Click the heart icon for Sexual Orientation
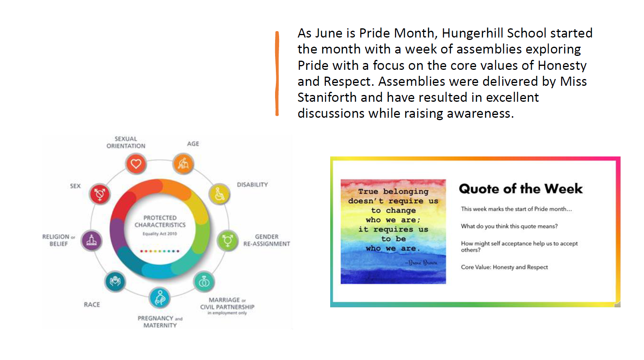point(136,164)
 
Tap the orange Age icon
point(183,164)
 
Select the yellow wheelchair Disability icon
point(219,194)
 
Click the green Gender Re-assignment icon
point(228,240)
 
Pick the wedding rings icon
point(204,282)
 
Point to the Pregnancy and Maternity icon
point(160,298)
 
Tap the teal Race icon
point(115,281)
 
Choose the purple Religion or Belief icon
point(91,240)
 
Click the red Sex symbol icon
point(99,194)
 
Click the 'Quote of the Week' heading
point(521,189)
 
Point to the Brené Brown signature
point(421,262)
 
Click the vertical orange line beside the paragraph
point(277,73)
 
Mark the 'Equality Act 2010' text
point(160,233)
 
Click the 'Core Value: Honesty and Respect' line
point(504,267)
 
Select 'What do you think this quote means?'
point(509,226)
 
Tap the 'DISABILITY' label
point(252,185)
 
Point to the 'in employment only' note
point(227,313)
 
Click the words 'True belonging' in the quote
point(393,191)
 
